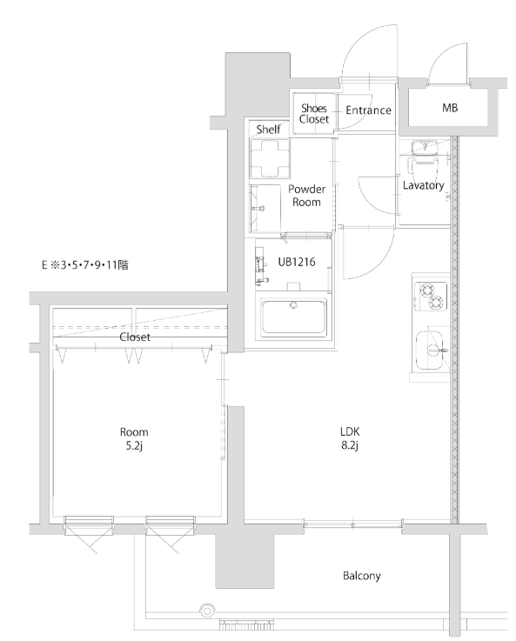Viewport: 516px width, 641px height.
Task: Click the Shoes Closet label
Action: point(314,114)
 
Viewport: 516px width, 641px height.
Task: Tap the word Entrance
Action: point(368,110)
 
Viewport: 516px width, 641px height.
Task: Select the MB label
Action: point(450,108)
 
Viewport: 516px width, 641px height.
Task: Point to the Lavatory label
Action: point(423,185)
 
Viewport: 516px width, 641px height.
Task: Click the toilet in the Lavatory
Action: point(423,162)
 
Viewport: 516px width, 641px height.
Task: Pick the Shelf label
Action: point(268,130)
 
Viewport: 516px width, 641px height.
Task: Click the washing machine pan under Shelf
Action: point(270,158)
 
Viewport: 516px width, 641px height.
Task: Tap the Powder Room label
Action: point(306,196)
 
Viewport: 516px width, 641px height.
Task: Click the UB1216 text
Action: point(297,262)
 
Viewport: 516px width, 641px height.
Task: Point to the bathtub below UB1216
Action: point(293,316)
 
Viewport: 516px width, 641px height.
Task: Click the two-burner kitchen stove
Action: point(431,297)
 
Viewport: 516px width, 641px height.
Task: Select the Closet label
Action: point(135,337)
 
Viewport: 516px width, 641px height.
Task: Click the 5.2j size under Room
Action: point(134,445)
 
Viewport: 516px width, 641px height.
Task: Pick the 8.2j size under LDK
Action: point(350,445)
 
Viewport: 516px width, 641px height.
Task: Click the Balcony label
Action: point(362,576)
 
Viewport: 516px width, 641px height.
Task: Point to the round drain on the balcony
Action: point(208,611)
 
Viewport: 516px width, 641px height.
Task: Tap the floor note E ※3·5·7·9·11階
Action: point(85,265)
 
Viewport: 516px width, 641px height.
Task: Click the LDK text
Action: point(350,431)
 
